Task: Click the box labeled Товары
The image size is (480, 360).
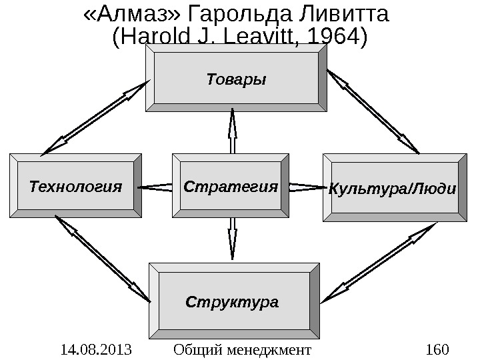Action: click(x=236, y=80)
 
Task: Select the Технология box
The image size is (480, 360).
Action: click(x=75, y=186)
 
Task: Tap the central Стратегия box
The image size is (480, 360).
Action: click(x=231, y=186)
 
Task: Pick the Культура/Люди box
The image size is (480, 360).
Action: click(x=393, y=187)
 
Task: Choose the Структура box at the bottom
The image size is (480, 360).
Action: click(x=233, y=301)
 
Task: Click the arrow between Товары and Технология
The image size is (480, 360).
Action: click(x=95, y=119)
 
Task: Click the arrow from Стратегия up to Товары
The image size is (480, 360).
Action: click(x=233, y=131)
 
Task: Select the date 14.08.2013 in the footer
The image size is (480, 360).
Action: click(x=95, y=349)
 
